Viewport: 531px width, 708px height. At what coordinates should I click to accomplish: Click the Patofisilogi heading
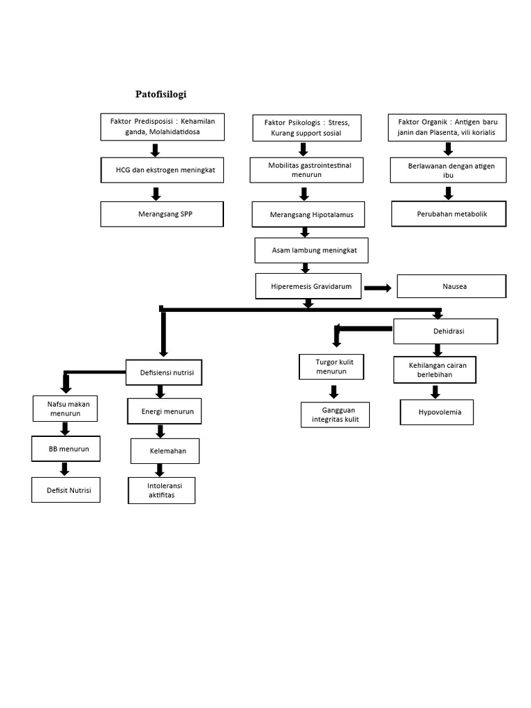160,94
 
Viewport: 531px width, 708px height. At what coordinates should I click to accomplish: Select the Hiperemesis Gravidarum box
308,286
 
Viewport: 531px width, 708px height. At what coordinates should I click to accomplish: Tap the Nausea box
450,286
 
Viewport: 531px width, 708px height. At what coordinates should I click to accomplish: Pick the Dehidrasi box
445,331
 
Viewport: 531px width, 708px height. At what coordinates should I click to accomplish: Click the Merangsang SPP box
162,214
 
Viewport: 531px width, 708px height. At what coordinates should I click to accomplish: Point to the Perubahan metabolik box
448,214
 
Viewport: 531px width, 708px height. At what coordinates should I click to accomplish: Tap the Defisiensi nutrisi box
163,373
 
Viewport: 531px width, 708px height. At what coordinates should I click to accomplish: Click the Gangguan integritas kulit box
335,415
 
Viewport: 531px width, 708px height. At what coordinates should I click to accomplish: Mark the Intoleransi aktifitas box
161,490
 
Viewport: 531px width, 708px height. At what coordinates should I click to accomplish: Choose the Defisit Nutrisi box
66,490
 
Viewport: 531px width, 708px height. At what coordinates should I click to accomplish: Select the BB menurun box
65,449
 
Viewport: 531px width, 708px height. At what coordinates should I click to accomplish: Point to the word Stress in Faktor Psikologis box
336,122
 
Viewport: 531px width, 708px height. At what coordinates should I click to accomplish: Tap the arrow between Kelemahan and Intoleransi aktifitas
160,470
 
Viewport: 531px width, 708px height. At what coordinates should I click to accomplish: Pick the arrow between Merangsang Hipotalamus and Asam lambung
304,232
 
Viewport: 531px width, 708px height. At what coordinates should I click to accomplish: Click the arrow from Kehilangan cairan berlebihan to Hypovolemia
436,392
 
